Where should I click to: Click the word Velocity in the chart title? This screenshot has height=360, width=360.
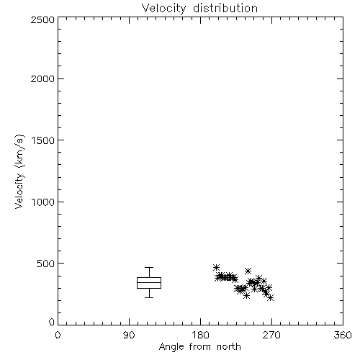coord(164,9)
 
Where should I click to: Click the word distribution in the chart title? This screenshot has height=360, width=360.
coord(225,8)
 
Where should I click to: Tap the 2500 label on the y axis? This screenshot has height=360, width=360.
coord(42,19)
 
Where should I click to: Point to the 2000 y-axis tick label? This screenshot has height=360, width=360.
coord(42,78)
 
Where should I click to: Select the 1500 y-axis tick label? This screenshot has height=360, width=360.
coord(43,140)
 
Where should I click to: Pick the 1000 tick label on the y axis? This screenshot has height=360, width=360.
coord(43,202)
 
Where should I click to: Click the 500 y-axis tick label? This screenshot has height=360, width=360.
coord(46,264)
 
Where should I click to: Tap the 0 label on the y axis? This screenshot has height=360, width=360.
coord(52,322)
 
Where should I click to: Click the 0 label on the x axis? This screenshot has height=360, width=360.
coord(58,335)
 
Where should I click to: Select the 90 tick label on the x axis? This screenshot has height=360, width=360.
coord(129,335)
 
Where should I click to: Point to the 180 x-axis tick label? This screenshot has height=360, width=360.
coord(199,335)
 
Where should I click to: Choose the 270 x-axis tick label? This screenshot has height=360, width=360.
coord(271,335)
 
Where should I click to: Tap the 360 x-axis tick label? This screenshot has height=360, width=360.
coord(343,335)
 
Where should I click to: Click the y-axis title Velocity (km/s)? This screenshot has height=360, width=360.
coord(19,171)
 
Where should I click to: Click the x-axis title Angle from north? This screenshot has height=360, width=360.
coord(200,347)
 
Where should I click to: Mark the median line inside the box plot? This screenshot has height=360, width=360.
coord(149,282)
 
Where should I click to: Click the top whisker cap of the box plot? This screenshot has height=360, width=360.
coord(149,267)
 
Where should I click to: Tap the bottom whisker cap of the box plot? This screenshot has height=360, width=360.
coord(149,297)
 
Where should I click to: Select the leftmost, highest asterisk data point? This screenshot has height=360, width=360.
coord(216,267)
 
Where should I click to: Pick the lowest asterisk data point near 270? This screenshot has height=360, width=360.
coord(271,298)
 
